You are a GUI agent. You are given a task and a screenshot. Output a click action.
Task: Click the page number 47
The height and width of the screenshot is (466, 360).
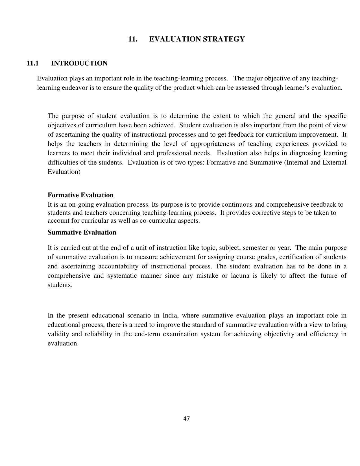click(x=186, y=419)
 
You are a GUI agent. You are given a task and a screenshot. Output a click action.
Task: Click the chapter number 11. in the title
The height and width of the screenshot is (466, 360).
click(x=133, y=39)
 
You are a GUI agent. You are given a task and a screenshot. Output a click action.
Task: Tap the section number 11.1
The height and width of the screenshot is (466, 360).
click(x=32, y=63)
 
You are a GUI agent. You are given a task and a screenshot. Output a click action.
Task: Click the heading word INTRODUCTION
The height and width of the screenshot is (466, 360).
click(x=79, y=63)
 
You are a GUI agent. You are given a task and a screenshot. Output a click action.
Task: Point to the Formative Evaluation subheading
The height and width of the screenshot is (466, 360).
click(x=80, y=195)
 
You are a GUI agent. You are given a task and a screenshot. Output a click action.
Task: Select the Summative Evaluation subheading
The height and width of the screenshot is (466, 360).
click(x=82, y=232)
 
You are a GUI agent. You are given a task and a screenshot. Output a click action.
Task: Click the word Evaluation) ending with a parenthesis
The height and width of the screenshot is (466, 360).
click(x=64, y=172)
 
